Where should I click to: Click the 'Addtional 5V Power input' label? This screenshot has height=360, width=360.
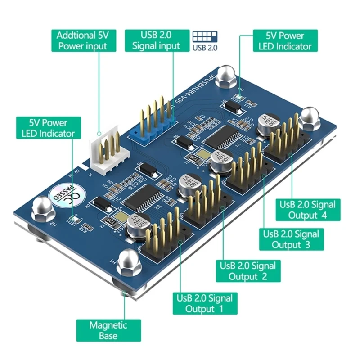coord(82,40)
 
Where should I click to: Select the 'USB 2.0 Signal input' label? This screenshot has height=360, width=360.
coord(156,40)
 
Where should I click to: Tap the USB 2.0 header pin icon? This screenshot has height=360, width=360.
coord(205,36)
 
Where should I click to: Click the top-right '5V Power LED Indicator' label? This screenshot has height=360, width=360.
coord(285,40)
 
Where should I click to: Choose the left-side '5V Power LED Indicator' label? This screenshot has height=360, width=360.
coord(49,128)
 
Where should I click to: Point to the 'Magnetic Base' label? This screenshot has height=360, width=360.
coord(108,330)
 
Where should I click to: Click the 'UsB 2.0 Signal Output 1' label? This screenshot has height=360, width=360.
coord(204,303)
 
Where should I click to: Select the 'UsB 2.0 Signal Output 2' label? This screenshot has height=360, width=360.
coord(248,270)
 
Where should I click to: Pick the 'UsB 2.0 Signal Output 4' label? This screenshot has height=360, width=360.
coord(308,210)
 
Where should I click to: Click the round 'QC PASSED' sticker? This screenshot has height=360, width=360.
coord(63,194)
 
